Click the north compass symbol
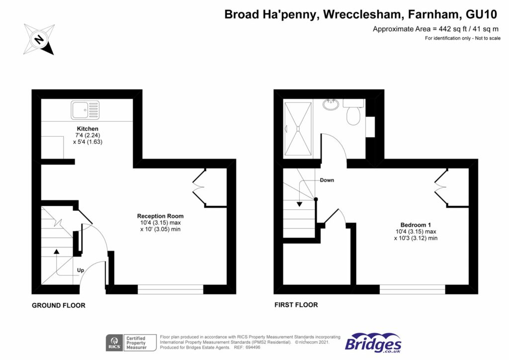pos(38,38)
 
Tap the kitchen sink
pos(85,110)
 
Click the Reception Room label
pos(160,216)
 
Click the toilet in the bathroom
pos(353,115)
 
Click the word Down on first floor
pos(327,180)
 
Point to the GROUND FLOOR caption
pos(58,305)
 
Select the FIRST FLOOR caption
pos(296,305)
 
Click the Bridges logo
pos(373,343)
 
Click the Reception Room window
pos(170,289)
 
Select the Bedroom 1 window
pos(412,289)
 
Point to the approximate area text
pos(436,29)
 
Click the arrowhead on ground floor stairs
pos(56,252)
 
